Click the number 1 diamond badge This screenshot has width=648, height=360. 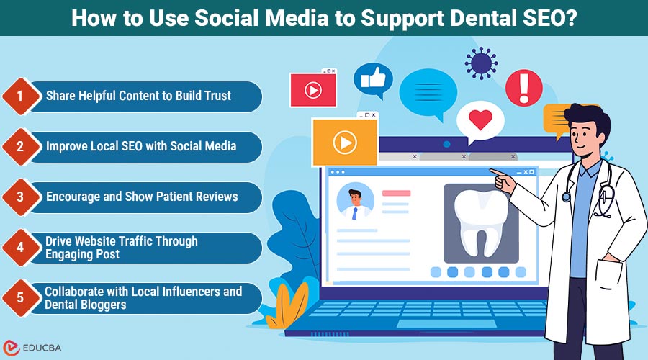(x=20, y=96)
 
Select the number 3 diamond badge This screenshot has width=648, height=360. (x=20, y=197)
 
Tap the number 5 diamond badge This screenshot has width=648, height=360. (x=20, y=298)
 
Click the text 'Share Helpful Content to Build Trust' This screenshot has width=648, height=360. (x=138, y=96)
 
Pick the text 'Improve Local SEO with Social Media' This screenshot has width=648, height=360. (x=141, y=146)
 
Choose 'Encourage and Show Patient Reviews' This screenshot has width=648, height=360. (x=142, y=197)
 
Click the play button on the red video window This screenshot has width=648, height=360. (x=312, y=91)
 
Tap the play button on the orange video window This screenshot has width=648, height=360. (x=345, y=142)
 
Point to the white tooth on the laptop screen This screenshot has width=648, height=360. (x=480, y=220)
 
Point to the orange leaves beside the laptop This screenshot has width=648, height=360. (x=291, y=302)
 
